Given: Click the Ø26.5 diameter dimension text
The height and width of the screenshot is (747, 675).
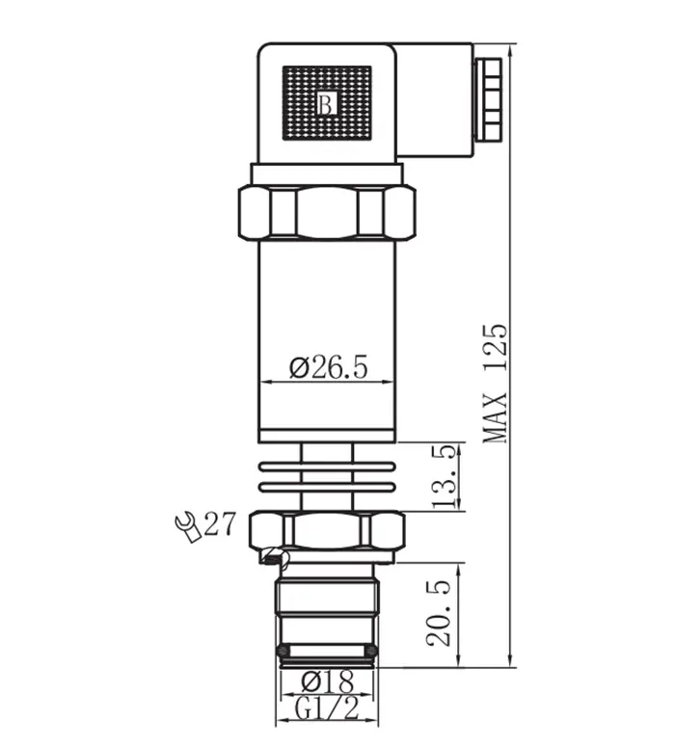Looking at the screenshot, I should (329, 367).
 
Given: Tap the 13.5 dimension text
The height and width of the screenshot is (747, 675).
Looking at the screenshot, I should (445, 475).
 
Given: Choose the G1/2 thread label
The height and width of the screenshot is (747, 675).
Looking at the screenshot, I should (325, 710).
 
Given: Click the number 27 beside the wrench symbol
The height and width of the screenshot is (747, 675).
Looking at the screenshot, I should (219, 525).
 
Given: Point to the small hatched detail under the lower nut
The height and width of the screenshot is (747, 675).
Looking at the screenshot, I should (275, 556).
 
